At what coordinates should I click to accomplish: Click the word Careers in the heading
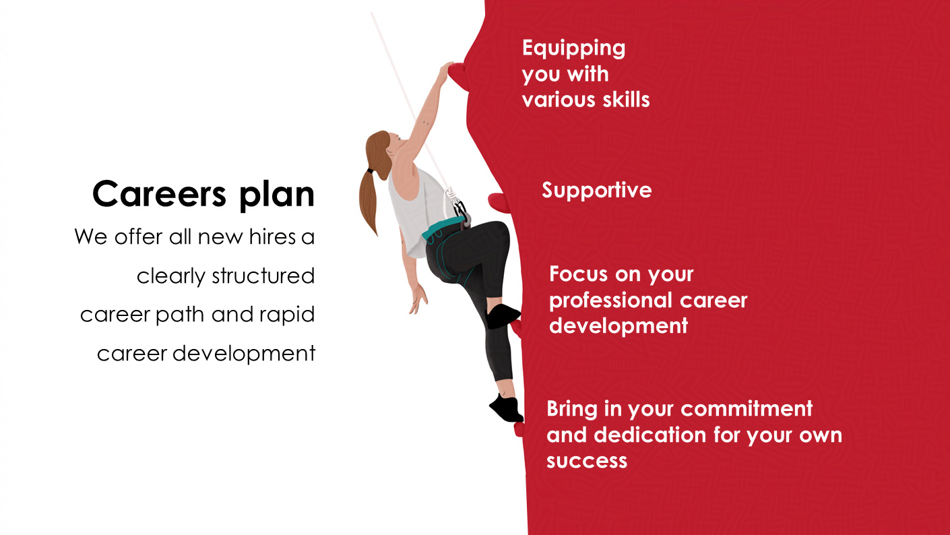[x=159, y=194]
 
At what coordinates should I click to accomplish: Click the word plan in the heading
[x=277, y=195]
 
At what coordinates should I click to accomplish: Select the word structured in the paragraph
[x=263, y=276]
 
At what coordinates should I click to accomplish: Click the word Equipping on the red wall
[x=573, y=49]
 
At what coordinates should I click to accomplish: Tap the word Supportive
[x=597, y=190]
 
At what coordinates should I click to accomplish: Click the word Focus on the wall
[x=573, y=274]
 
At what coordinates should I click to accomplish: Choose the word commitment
[x=747, y=408]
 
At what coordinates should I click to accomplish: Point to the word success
[x=587, y=461]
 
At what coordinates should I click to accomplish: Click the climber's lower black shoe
[x=506, y=408]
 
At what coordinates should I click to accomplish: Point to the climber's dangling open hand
[x=418, y=298]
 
